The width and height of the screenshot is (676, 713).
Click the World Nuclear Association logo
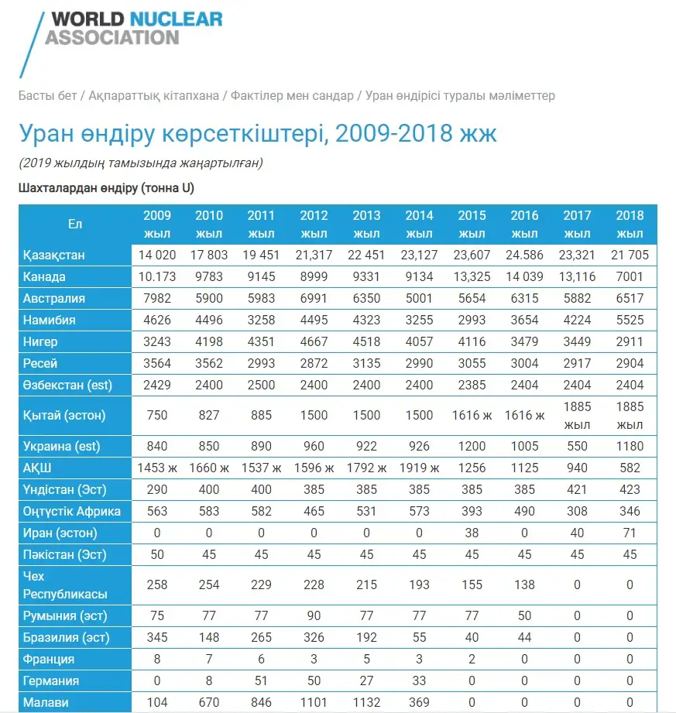tap(121, 43)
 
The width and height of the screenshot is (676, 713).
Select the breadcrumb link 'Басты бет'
tap(47, 95)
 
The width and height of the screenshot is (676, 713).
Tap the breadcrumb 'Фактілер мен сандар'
tap(292, 95)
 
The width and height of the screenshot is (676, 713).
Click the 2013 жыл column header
tap(367, 225)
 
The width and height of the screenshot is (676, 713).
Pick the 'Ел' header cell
tap(75, 224)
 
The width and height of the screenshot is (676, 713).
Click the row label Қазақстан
tap(54, 255)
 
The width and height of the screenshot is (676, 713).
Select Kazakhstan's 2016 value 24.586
tap(524, 255)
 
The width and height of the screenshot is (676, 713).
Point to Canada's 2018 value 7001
tap(630, 276)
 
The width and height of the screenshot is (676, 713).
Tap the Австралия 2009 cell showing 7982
tap(157, 298)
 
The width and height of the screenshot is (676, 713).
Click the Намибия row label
tap(49, 321)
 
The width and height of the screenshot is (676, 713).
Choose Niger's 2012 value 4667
tap(314, 341)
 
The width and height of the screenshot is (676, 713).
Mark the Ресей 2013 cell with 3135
tap(367, 363)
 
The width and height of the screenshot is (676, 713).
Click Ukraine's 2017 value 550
tap(577, 446)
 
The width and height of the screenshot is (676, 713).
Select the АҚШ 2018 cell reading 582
tap(630, 468)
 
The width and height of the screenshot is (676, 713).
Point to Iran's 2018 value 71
tap(630, 533)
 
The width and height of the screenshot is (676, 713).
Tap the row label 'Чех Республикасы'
tap(65, 585)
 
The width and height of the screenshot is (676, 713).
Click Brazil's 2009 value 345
tap(157, 637)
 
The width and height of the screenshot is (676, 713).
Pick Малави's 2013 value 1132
tap(367, 702)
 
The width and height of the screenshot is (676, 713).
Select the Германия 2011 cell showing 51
tap(261, 680)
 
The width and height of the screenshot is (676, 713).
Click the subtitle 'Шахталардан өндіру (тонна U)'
tap(106, 188)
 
